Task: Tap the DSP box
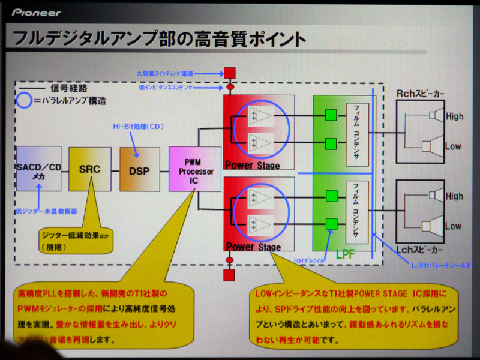[139, 170]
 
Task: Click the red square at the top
[229, 74]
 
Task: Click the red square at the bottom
[229, 275]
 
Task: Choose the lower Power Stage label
[253, 247]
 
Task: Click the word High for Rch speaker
[454, 116]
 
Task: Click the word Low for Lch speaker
[453, 226]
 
